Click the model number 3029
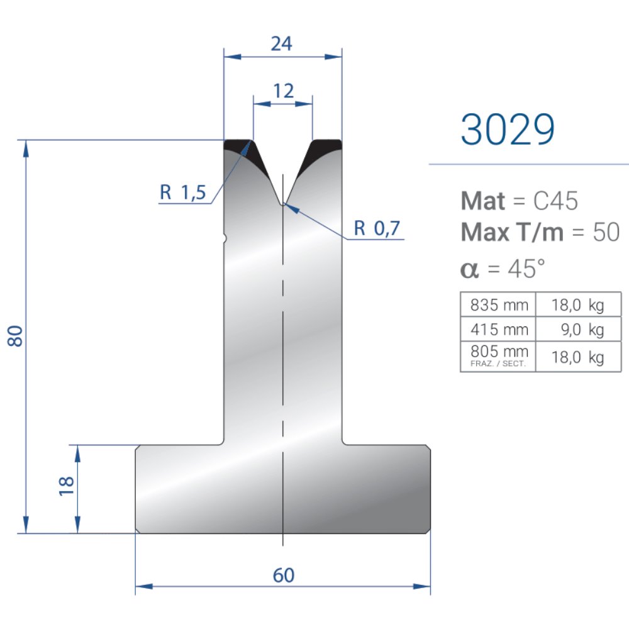pyautogui.click(x=508, y=130)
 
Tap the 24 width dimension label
pyautogui.click(x=282, y=44)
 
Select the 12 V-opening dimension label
pyautogui.click(x=283, y=91)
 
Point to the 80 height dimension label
pyautogui.click(x=15, y=336)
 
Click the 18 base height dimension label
pyautogui.click(x=67, y=487)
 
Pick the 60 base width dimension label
pyautogui.click(x=284, y=576)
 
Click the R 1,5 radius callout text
pyautogui.click(x=183, y=192)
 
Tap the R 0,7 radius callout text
pyautogui.click(x=377, y=228)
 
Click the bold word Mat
pyautogui.click(x=483, y=201)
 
